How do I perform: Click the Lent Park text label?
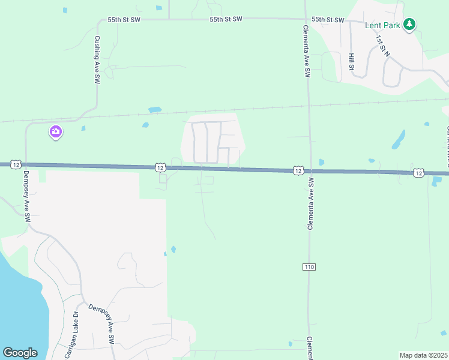pos(382,25)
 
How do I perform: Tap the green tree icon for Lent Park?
pos(409,24)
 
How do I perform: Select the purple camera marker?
pos(56,131)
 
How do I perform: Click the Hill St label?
pos(351,61)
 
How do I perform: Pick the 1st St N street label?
pos(383,46)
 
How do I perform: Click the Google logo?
pos(20,353)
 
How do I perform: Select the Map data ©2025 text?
pos(423,355)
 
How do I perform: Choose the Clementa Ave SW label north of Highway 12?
pos(306,51)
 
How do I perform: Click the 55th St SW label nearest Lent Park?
pos(328,20)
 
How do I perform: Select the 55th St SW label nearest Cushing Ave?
pos(124,20)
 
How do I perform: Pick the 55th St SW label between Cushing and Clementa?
pos(226,20)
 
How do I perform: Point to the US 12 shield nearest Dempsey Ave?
pos(16,164)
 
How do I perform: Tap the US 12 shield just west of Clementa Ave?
pos(298,171)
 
